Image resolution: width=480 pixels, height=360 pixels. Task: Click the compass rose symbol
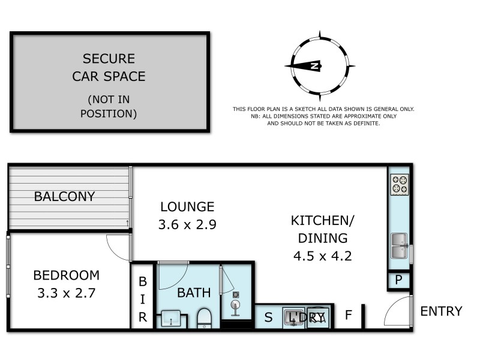click(x=320, y=65)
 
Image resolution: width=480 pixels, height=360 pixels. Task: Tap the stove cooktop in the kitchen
click(x=399, y=184)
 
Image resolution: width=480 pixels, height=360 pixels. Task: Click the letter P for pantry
click(x=398, y=280)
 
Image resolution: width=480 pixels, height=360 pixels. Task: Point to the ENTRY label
click(x=441, y=311)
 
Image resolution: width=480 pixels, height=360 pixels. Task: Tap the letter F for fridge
click(x=348, y=315)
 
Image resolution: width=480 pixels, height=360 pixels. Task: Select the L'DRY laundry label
click(x=306, y=317)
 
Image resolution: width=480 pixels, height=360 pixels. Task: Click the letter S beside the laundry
click(x=268, y=316)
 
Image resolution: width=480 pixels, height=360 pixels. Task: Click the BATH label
click(x=194, y=293)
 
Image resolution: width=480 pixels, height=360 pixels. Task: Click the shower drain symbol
click(x=236, y=295)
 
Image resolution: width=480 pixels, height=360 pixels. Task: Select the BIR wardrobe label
click(x=143, y=299)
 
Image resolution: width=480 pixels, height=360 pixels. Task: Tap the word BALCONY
click(x=64, y=196)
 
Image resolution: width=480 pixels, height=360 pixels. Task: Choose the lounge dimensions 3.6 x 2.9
click(x=187, y=225)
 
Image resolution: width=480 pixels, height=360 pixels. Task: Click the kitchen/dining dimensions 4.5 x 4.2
click(x=323, y=256)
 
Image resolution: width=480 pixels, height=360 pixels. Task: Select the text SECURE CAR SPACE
click(x=109, y=68)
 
